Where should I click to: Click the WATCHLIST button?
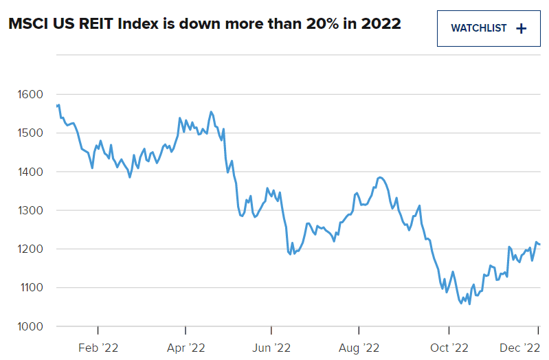[x=489, y=29]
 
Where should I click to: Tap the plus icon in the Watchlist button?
[x=521, y=29]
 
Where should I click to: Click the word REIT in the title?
[x=98, y=24]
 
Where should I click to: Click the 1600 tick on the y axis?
[x=30, y=94]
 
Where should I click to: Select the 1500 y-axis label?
[x=30, y=133]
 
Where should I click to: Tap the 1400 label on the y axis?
[x=30, y=172]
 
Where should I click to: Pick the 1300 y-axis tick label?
[x=30, y=210]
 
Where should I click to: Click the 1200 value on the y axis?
[x=30, y=249]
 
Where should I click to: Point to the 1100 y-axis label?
[x=30, y=288]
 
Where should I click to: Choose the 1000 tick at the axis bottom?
[x=30, y=326]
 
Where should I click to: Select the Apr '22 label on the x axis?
[x=186, y=348]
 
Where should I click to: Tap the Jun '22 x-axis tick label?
[x=273, y=348]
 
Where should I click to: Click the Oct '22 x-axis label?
[x=449, y=348]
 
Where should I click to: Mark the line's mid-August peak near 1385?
[x=380, y=177]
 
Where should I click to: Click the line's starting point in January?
[x=56, y=106]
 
